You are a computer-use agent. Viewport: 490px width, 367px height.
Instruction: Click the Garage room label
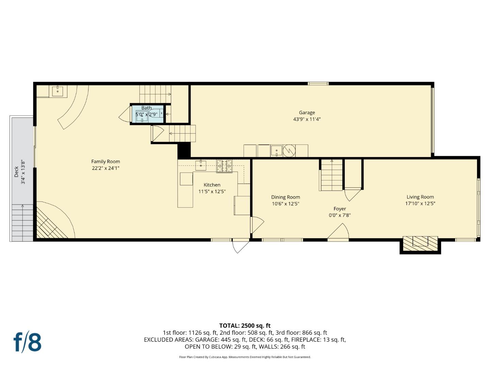click(x=307, y=112)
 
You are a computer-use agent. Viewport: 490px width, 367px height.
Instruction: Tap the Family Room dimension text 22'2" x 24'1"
click(x=105, y=168)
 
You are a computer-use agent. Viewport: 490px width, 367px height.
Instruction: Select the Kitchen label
click(x=212, y=185)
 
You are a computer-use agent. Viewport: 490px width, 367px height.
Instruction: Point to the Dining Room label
click(x=285, y=197)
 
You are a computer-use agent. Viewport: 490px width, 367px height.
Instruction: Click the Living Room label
click(x=420, y=197)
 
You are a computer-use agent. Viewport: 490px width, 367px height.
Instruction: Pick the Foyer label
click(x=339, y=209)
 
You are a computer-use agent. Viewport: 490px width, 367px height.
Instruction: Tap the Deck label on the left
click(x=16, y=172)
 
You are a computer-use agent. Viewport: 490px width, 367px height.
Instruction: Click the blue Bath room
click(x=147, y=113)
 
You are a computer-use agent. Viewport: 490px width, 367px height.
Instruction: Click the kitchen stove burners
click(x=224, y=166)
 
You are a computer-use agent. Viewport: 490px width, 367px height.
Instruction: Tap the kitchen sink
click(x=201, y=165)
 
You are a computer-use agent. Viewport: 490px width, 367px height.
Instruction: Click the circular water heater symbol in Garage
click(x=289, y=150)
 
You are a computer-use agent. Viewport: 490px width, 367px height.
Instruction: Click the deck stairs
click(x=22, y=223)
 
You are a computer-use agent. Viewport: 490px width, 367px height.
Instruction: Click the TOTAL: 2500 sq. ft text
click(x=245, y=326)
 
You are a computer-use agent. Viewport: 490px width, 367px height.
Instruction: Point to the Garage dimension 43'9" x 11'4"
click(x=307, y=119)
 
